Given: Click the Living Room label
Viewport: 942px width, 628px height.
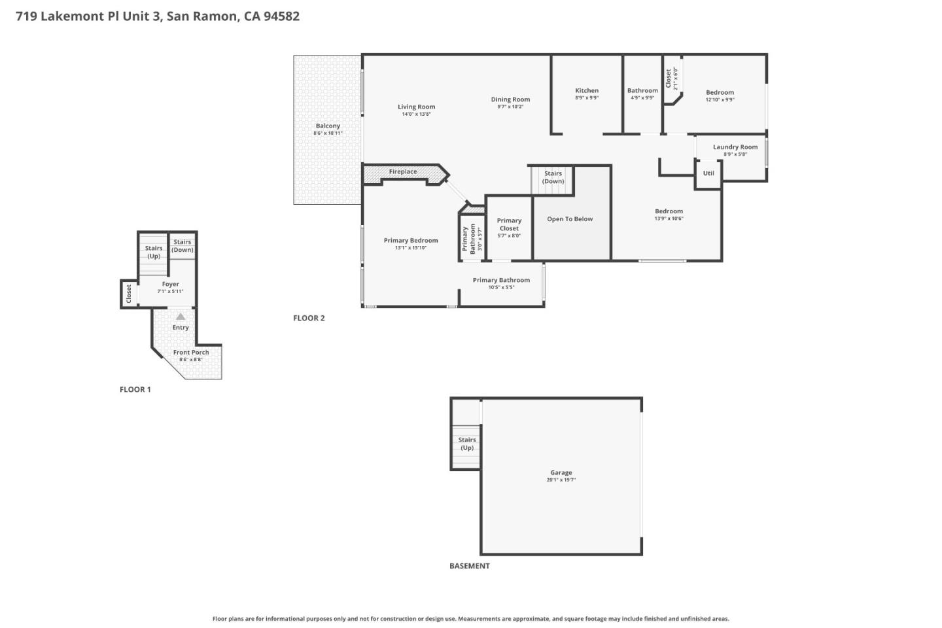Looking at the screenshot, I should click(x=416, y=107).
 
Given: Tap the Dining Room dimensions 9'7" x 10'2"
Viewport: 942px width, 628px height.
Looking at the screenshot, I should click(x=510, y=107).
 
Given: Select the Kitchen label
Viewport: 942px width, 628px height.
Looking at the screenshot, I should click(x=587, y=91).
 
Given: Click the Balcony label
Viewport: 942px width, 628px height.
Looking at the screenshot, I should click(x=328, y=126).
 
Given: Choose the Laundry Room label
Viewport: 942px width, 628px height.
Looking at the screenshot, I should click(x=735, y=147).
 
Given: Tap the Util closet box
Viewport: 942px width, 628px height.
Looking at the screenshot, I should click(x=708, y=174).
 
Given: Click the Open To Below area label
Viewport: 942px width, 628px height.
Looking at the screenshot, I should click(x=570, y=219).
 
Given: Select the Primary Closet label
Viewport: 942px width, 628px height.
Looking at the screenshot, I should click(x=509, y=224).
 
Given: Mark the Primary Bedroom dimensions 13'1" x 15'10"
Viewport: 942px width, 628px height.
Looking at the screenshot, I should click(x=411, y=248).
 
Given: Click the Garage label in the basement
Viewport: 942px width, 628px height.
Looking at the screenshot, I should click(x=561, y=472).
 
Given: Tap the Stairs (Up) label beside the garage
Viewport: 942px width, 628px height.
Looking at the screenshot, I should click(x=467, y=444).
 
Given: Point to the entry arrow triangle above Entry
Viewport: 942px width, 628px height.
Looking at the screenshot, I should click(x=181, y=317).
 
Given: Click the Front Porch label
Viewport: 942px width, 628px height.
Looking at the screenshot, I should click(x=191, y=353).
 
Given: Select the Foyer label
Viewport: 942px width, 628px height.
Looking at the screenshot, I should click(x=171, y=285).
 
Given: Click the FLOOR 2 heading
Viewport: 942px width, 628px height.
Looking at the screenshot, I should click(x=309, y=319).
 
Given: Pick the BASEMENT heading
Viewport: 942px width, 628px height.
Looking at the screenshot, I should click(x=469, y=567).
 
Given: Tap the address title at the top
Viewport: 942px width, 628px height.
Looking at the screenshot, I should click(x=158, y=16).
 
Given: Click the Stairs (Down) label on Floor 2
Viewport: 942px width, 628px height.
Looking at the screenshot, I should click(x=553, y=177).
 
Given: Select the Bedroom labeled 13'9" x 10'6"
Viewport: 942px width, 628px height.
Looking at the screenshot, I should click(x=669, y=211).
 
